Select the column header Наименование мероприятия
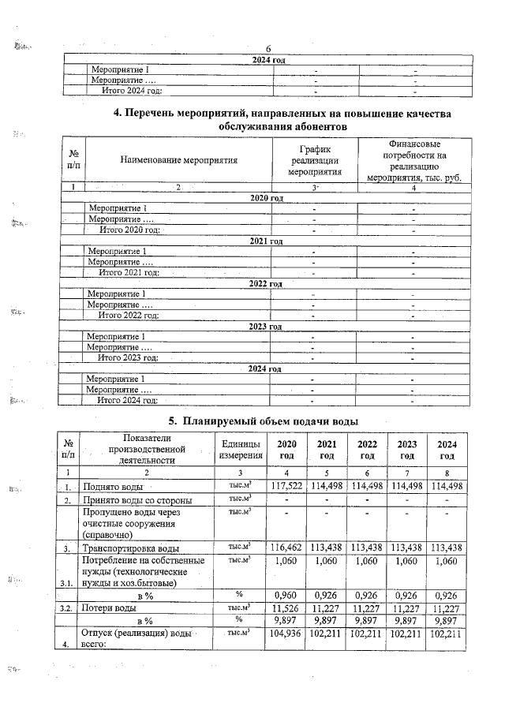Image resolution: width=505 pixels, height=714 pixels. pyautogui.click(x=179, y=159)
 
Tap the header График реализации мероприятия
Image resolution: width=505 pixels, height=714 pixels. pyautogui.click(x=314, y=159)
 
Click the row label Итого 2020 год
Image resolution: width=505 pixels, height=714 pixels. pyautogui.click(x=129, y=230)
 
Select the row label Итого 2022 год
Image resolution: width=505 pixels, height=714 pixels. pyautogui.click(x=128, y=315)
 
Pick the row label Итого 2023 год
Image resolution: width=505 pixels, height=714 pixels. pyautogui.click(x=127, y=357)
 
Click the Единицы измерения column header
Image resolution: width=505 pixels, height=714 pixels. pyautogui.click(x=241, y=450)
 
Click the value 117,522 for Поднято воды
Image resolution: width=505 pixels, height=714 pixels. pyautogui.click(x=287, y=485)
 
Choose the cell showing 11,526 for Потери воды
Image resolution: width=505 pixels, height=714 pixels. pyautogui.click(x=287, y=608)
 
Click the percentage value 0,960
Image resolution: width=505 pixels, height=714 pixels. pyautogui.click(x=287, y=594)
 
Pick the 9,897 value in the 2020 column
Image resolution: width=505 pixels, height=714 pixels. pyautogui.click(x=287, y=620)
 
